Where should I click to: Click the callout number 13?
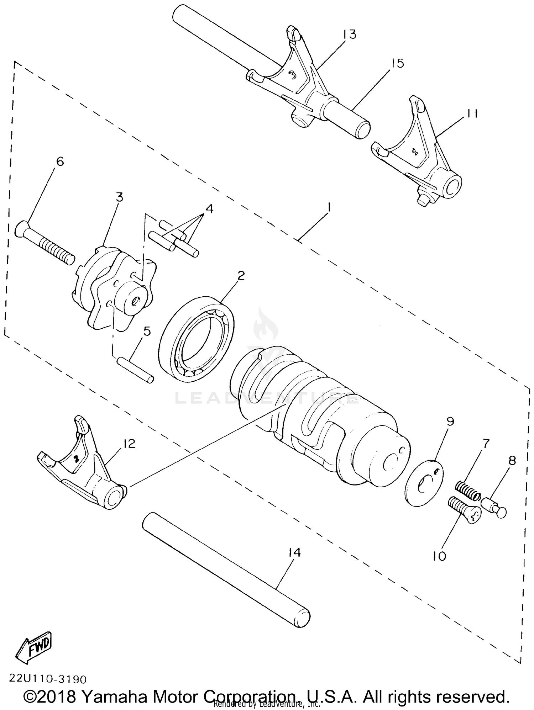point(350,35)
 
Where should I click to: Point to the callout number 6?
point(60,162)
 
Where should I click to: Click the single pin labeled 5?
point(136,370)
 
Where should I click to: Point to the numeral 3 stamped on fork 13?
point(292,75)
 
